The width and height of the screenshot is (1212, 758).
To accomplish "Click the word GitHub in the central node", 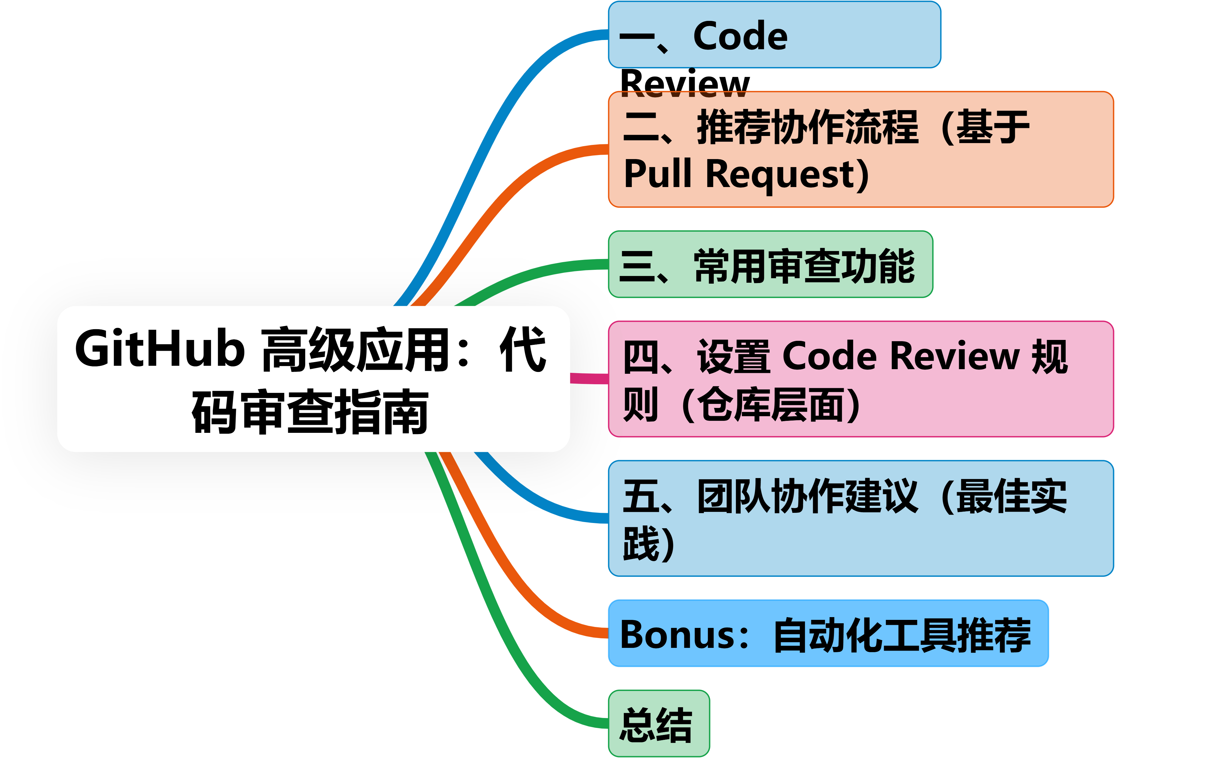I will click(x=160, y=349).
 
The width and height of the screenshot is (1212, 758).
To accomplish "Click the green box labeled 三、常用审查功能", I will click(x=770, y=265).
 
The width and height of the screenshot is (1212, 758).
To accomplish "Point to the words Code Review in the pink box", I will click(x=900, y=357).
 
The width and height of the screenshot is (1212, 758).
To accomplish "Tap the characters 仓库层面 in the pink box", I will click(x=770, y=405).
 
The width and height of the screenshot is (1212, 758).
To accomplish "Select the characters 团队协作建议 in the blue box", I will click(x=808, y=496).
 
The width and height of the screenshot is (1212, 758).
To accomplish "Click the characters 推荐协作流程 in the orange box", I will click(x=808, y=127).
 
